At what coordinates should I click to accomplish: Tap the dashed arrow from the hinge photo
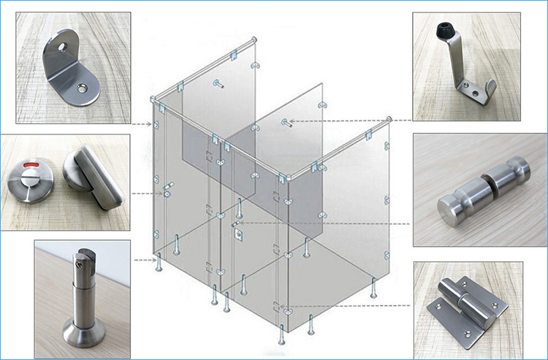343,305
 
